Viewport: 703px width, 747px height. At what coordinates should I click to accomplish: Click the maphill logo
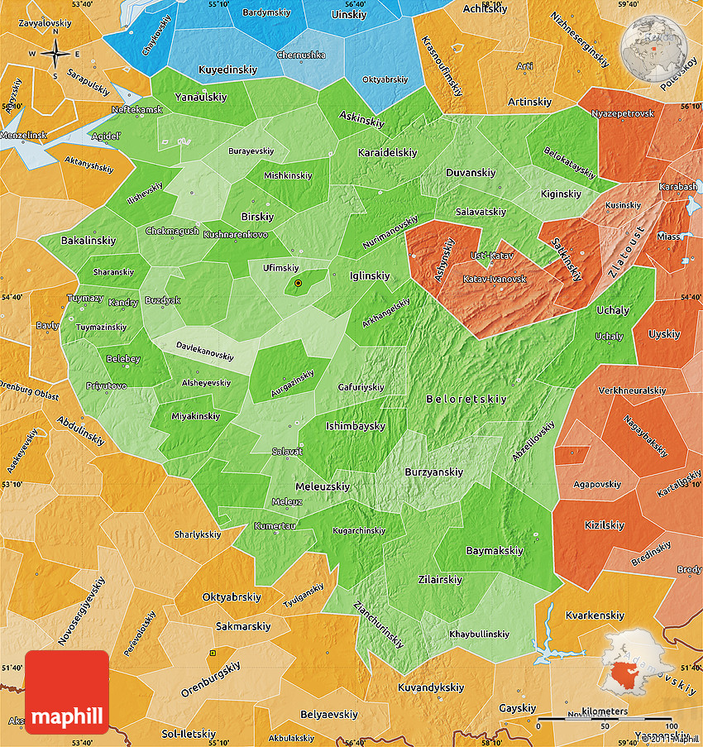click(67, 692)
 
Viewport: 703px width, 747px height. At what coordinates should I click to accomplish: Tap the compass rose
click(55, 54)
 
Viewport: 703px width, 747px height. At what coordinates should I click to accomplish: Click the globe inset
click(658, 45)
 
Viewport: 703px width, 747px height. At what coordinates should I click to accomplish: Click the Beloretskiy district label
click(466, 399)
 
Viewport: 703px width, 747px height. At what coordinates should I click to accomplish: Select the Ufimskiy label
click(280, 268)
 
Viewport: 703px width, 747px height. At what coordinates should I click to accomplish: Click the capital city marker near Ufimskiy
click(298, 284)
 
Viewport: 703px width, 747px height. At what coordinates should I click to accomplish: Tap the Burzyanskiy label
click(433, 472)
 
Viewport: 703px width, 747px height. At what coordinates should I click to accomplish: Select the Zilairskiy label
click(440, 579)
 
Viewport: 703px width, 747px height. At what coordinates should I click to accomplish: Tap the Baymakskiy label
click(495, 550)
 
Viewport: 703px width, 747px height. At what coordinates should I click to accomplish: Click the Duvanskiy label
click(471, 173)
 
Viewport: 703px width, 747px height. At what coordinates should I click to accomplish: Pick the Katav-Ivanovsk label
click(495, 279)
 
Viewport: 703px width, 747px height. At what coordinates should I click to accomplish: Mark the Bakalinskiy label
click(88, 240)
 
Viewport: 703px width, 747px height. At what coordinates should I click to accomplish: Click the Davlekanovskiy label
click(204, 353)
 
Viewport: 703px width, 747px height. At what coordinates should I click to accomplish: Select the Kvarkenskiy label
click(595, 615)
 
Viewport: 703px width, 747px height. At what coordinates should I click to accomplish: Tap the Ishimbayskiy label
click(355, 426)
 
